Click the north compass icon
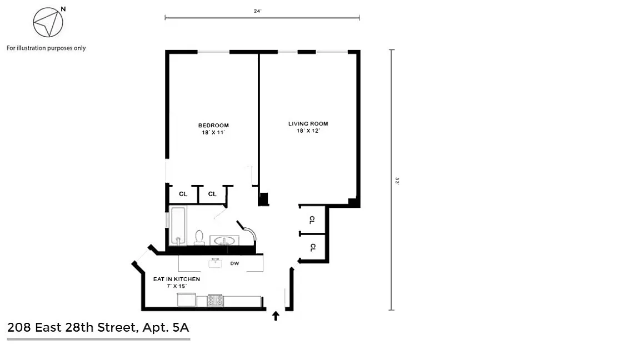coord(48,22)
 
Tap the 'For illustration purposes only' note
coord(46,48)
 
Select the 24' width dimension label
coord(258,11)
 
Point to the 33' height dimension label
coord(397,181)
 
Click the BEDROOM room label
coord(213,126)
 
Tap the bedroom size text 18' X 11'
coord(213,133)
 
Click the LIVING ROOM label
coord(308,124)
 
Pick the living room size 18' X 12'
coord(308,131)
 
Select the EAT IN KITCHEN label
coord(177,279)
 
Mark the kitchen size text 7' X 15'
coord(177,286)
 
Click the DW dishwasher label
coord(234,264)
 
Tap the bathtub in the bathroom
coord(178,226)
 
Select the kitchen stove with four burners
coord(215,301)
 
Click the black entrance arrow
coord(276,316)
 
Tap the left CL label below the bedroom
coord(183,194)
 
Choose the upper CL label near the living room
coord(312,220)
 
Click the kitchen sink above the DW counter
coord(215,263)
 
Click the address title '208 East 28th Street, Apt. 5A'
coord(98,328)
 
